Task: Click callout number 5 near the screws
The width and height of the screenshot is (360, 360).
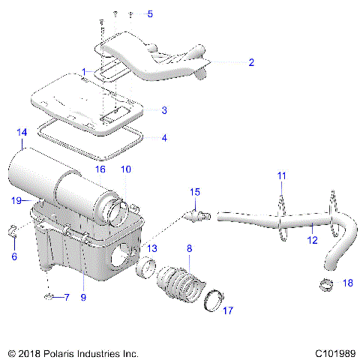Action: (149, 14)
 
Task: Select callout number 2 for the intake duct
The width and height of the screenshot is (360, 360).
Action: (251, 62)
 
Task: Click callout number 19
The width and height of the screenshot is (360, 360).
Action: (15, 201)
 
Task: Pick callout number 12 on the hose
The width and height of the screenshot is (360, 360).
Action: (313, 240)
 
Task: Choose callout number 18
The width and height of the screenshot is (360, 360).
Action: (346, 283)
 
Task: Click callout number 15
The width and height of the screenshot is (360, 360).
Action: (194, 193)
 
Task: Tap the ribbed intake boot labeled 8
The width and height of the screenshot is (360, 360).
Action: (180, 284)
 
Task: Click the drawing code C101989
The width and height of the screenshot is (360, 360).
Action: (334, 351)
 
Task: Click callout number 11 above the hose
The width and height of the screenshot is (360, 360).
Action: (281, 175)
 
